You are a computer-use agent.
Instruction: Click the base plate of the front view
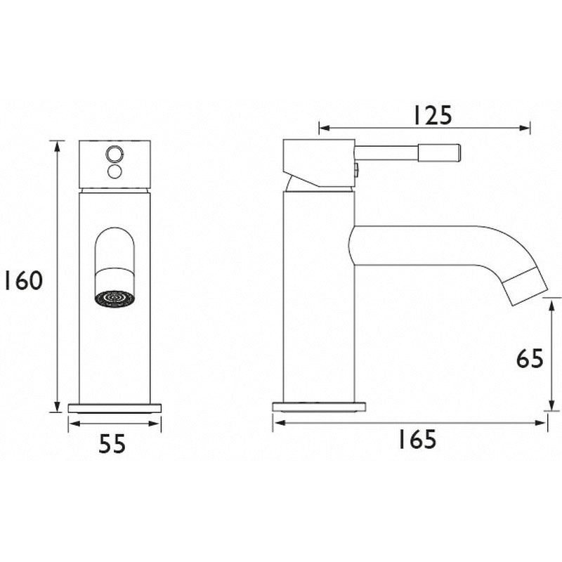pyautogui.click(x=115, y=407)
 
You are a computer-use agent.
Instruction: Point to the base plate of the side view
pyautogui.click(x=320, y=407)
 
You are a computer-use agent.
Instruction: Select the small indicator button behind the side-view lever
pyautogui.click(x=357, y=168)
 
